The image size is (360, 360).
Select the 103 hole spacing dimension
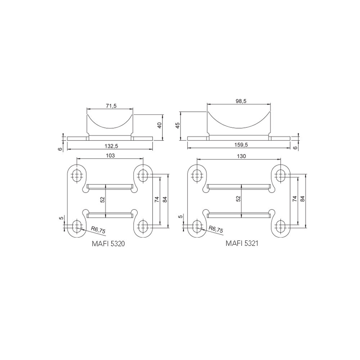click(x=110, y=156)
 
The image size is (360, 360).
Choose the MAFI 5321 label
click(x=242, y=243)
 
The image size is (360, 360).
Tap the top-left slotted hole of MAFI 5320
click(x=77, y=176)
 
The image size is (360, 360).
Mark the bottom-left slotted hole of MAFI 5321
click(x=197, y=226)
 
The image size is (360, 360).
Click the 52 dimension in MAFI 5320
click(x=102, y=199)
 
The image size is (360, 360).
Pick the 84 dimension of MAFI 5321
click(x=302, y=198)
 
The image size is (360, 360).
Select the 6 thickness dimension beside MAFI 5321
click(x=296, y=148)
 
